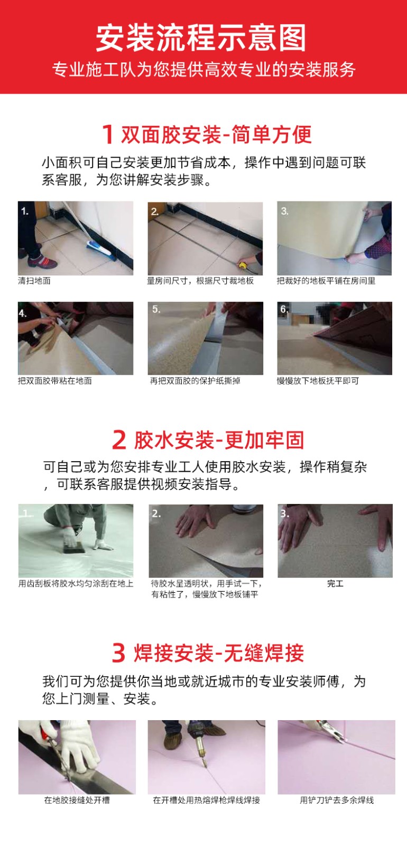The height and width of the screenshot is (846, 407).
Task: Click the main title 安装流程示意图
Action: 200,38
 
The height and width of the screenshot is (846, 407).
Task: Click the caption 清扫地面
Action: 34,281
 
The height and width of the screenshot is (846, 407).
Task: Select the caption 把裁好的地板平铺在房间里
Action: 326,281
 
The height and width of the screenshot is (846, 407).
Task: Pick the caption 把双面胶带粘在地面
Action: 55,381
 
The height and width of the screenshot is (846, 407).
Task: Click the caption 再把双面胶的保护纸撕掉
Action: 195,381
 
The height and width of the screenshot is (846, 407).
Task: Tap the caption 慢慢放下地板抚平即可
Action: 318,381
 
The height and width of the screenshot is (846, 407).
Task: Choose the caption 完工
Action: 335,584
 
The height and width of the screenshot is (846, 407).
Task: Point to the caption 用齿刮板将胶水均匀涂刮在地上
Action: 76,584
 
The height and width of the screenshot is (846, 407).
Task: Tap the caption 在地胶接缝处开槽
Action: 77,800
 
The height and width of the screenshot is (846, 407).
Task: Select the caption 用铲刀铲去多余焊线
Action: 337,800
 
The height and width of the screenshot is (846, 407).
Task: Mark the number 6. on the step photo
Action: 284,309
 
